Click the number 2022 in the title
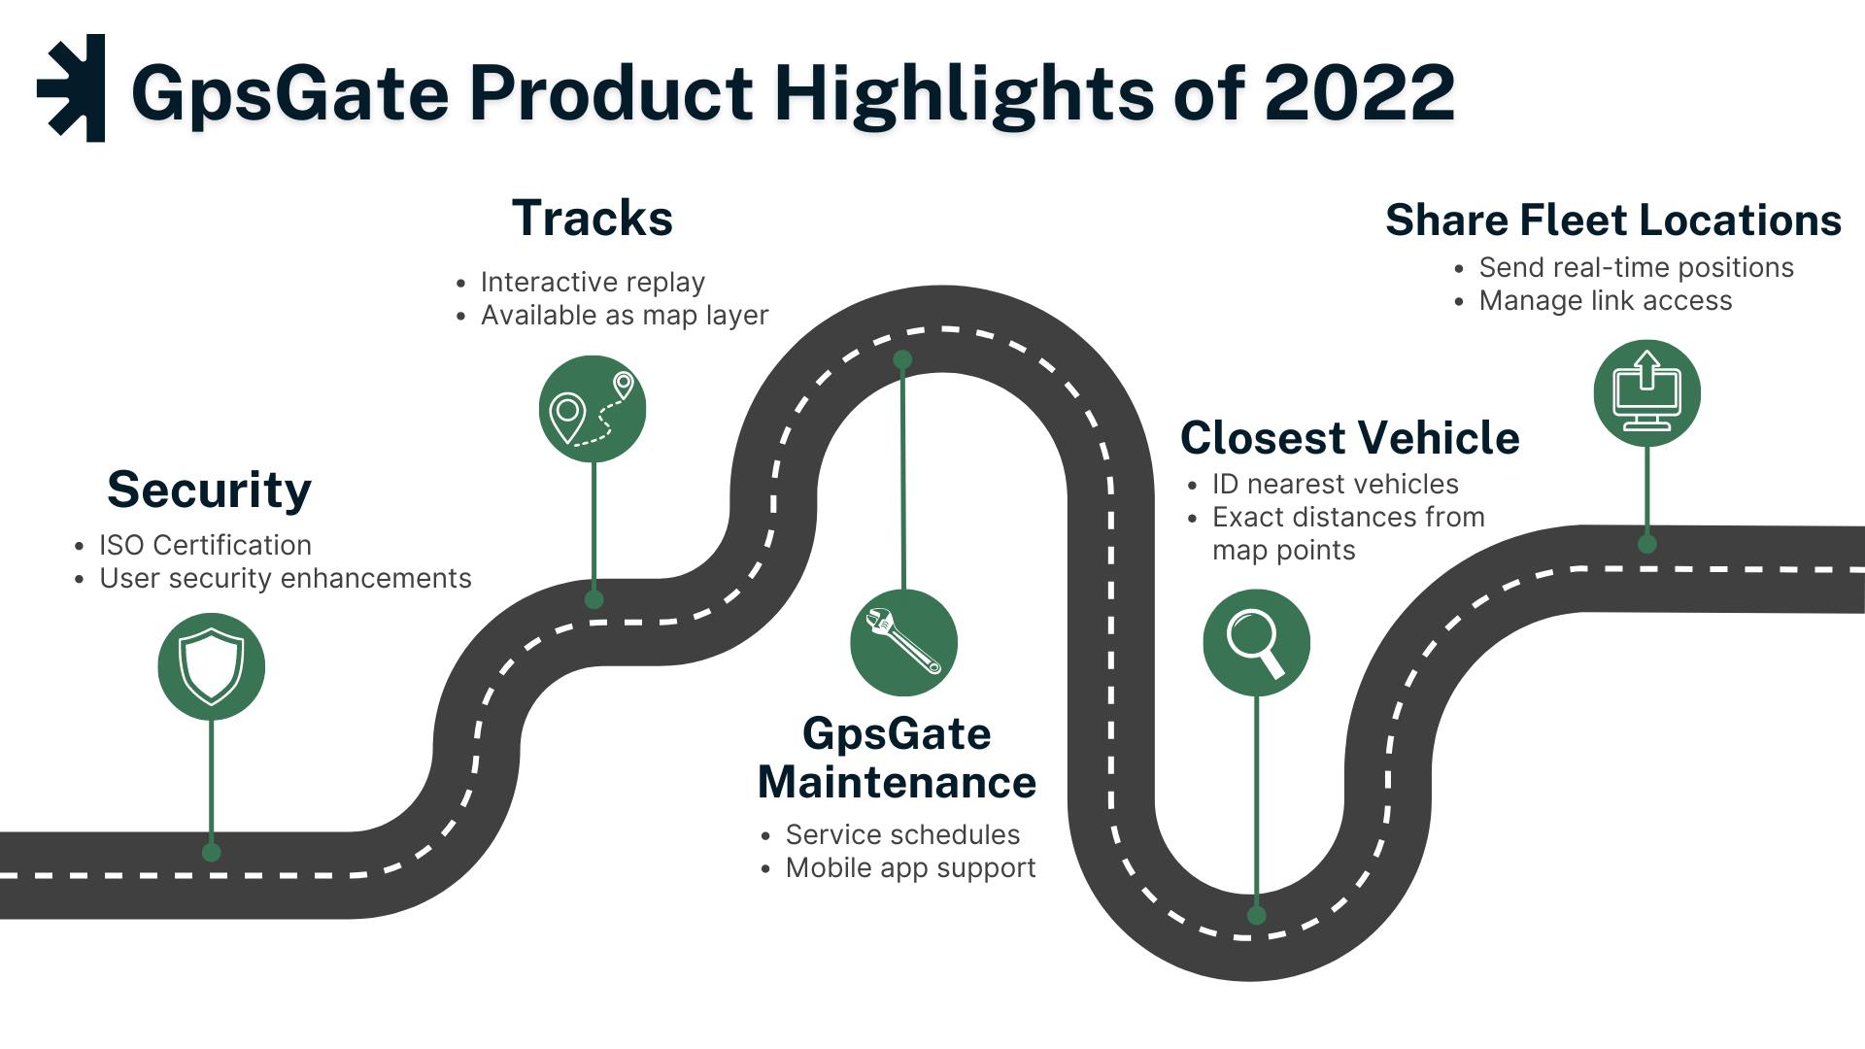point(1359,92)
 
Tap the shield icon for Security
point(211,666)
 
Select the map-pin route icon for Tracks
point(593,409)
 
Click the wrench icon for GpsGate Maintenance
point(903,642)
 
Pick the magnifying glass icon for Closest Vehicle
point(1256,642)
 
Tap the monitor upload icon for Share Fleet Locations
point(1646,392)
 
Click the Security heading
point(209,490)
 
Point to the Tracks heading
point(592,219)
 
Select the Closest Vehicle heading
point(1349,438)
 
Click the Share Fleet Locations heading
point(1612,220)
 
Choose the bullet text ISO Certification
point(205,545)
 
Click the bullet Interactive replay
point(593,282)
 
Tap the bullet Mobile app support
point(910,867)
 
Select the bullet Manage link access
point(1605,301)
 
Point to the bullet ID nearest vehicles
point(1335,484)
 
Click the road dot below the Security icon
point(211,853)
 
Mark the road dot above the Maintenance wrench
point(902,360)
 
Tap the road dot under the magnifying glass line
point(1256,915)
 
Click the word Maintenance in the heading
point(897,783)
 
